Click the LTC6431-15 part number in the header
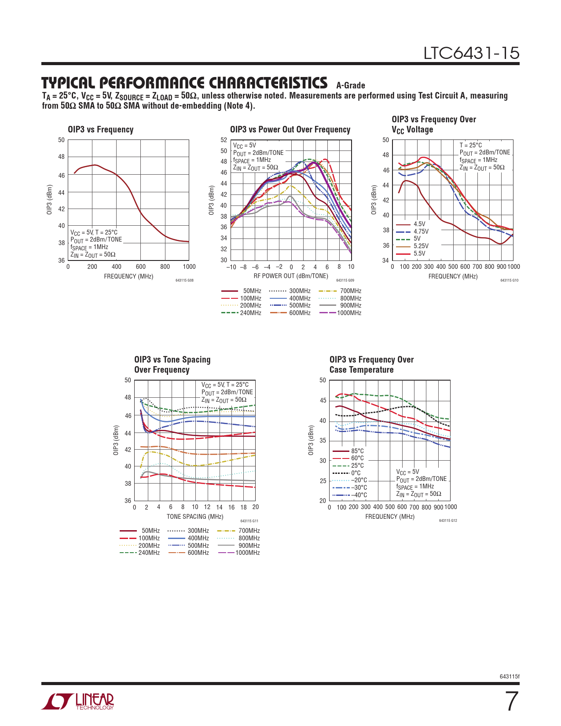[x=471, y=53]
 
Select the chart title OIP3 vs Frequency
[x=100, y=129]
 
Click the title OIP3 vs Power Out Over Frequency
[x=290, y=129]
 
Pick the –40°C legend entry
[x=359, y=495]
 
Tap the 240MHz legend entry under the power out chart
[x=250, y=313]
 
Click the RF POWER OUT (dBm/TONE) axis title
[x=291, y=276]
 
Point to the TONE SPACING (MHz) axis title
[x=195, y=517]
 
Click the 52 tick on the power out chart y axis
[x=224, y=140]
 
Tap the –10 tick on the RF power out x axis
[x=231, y=267]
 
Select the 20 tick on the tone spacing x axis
[x=255, y=507]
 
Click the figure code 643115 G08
[x=184, y=280]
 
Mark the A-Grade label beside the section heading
[x=351, y=85]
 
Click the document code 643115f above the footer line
[x=510, y=676]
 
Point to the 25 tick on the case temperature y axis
[x=323, y=481]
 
